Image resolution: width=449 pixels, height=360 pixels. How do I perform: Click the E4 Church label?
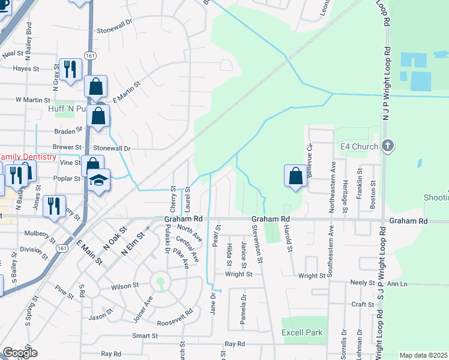[x=359, y=146]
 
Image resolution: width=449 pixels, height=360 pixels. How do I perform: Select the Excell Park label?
[x=302, y=332]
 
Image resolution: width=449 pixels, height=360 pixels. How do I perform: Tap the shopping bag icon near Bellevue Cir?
[x=295, y=176]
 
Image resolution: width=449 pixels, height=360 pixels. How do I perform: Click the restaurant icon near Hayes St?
[x=70, y=70]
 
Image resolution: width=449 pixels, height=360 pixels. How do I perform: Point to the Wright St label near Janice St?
[x=238, y=274]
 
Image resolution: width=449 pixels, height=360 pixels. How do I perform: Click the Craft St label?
[x=363, y=304]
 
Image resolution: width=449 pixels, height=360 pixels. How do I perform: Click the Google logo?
[x=20, y=353]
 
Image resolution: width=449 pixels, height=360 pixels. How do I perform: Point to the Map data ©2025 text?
[x=423, y=355]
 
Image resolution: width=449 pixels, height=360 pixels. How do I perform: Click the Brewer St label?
[x=66, y=147]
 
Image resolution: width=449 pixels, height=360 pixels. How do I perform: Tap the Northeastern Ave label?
[x=332, y=183]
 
